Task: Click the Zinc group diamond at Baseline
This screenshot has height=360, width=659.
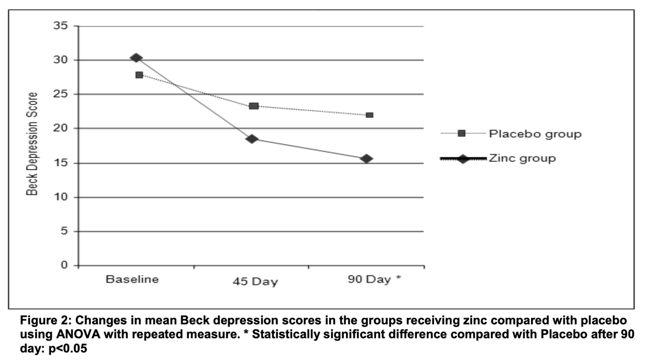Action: point(137,58)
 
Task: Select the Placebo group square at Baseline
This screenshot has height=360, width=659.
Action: point(139,75)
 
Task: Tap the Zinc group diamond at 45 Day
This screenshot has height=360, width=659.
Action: point(252,139)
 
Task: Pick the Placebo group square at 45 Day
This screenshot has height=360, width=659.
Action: point(254,106)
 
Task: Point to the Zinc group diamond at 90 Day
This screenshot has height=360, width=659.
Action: point(367,159)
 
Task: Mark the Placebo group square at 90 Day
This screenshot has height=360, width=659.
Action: point(370,115)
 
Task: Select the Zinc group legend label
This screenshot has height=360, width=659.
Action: point(522,158)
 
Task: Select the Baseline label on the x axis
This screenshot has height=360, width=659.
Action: point(132,279)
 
